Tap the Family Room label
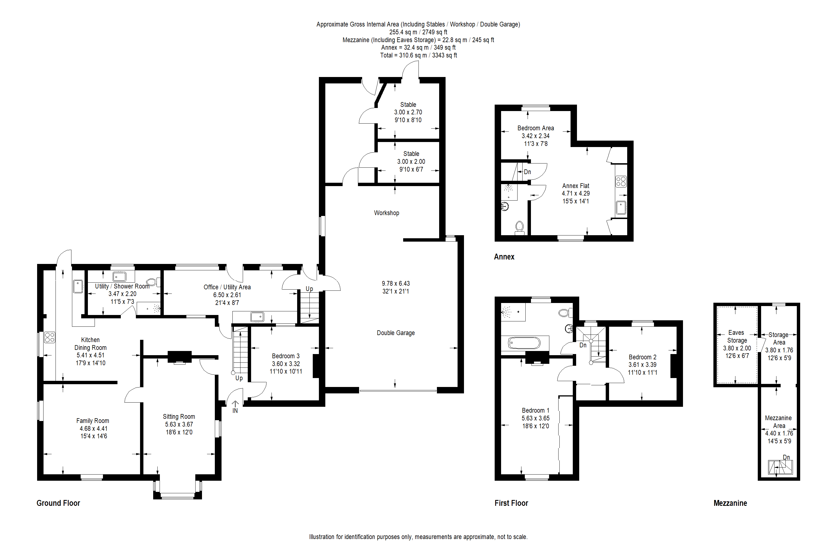point(93,421)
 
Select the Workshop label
point(386,213)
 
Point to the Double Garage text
point(396,333)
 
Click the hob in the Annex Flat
point(621,182)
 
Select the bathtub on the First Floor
point(525,343)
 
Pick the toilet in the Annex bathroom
point(519,227)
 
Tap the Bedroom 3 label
point(286,356)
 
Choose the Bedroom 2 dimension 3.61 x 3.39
point(642,365)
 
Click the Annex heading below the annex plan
point(504,257)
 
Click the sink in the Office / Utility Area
point(257,316)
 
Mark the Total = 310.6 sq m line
point(419,55)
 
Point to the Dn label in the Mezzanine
point(786,457)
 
